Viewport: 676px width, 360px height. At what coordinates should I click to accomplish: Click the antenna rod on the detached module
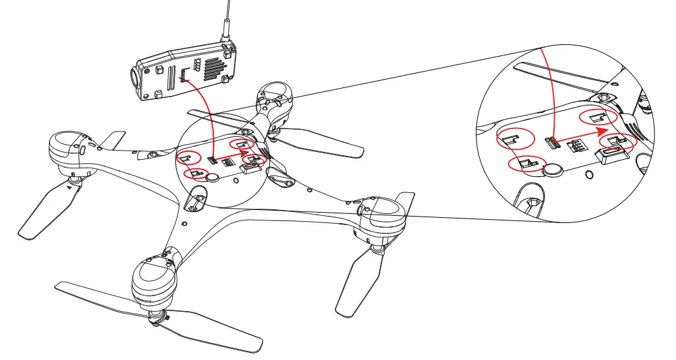tap(226, 20)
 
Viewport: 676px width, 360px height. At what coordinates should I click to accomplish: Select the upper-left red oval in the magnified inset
tap(515, 138)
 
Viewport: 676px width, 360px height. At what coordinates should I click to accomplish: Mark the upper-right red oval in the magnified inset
tap(598, 118)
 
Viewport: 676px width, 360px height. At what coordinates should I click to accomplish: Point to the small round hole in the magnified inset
tap(589, 174)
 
